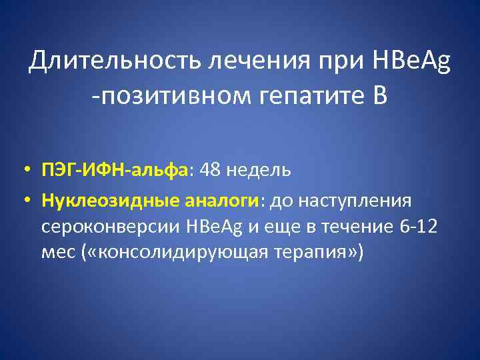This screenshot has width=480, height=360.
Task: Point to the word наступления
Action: (x=357, y=199)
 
